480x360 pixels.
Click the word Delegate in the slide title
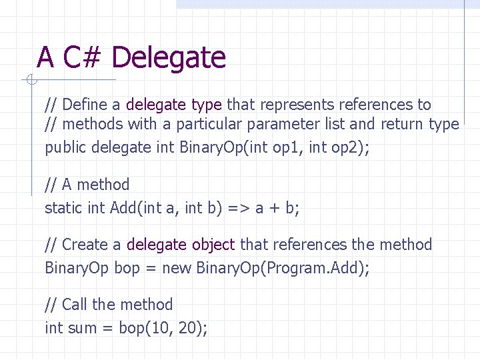(x=169, y=58)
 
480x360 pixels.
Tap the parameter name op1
(x=287, y=147)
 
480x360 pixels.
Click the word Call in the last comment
(x=75, y=305)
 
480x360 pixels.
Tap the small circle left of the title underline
(x=31, y=81)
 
